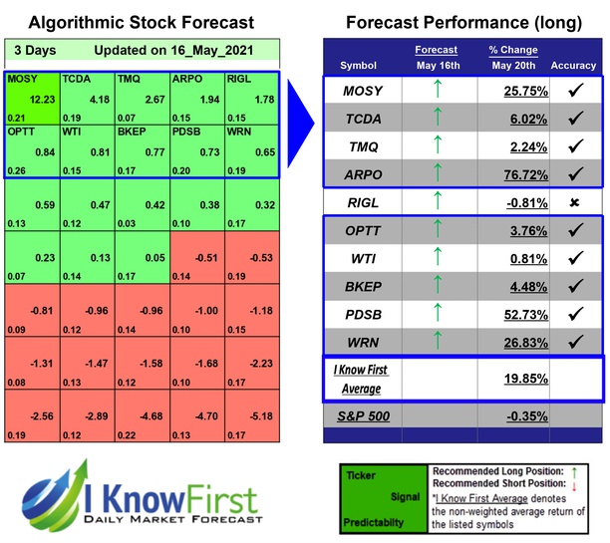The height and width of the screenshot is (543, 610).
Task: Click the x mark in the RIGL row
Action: coord(573,202)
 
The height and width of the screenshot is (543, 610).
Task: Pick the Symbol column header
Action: coord(360,66)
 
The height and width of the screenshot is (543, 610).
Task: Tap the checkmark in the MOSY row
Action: coord(573,89)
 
